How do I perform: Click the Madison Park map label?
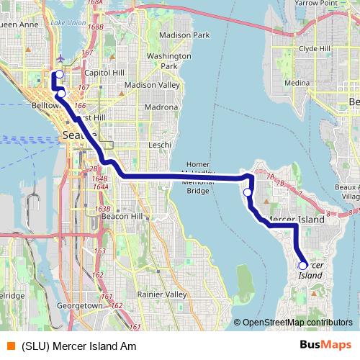[x=184, y=35]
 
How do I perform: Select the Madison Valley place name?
[x=152, y=84]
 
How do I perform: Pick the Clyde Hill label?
[x=314, y=48]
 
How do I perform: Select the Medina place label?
[x=296, y=83]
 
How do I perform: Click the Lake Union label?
[x=68, y=23]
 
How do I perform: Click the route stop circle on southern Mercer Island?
[x=302, y=266]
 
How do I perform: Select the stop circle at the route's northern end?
[x=59, y=74]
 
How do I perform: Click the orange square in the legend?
[x=10, y=346]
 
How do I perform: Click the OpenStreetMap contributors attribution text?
[x=297, y=323]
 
